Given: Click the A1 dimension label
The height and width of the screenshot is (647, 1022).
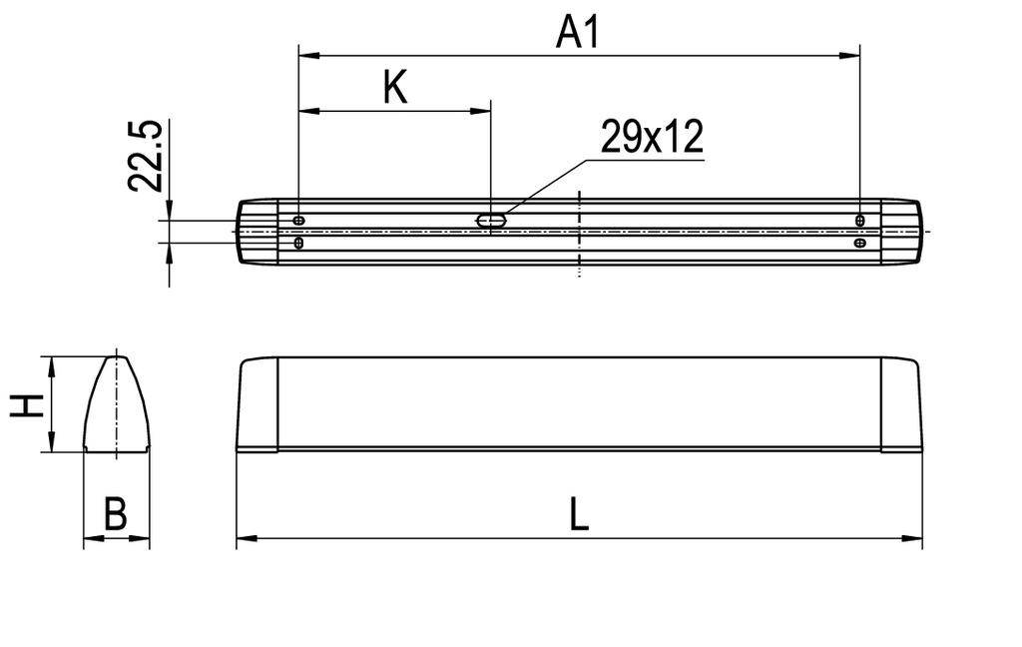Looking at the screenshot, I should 578,32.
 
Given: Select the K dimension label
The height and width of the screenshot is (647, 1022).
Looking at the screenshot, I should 395,88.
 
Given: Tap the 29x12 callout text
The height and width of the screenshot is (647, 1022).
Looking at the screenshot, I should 652,137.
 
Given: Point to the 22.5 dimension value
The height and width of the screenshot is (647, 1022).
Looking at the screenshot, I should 146,156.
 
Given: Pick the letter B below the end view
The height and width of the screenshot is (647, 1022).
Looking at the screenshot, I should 116,515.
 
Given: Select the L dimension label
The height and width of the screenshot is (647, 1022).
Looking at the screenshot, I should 579,515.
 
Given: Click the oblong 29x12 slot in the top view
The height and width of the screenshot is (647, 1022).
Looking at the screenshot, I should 492,220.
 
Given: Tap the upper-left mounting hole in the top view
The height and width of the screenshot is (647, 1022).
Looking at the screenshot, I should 299,220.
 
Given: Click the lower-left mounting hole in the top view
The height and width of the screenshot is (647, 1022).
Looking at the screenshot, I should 299,243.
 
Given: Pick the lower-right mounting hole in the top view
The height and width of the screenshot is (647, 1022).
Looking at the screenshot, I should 860,243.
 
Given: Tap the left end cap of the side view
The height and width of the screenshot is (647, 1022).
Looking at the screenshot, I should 257,404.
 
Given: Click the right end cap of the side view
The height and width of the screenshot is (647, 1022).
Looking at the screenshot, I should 901,404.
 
